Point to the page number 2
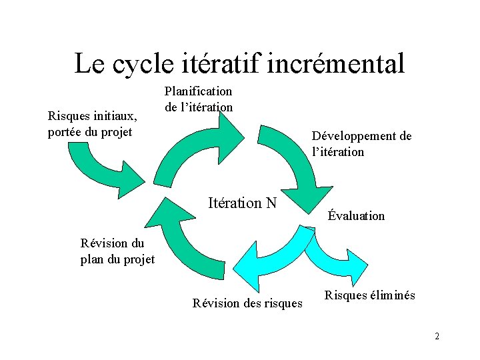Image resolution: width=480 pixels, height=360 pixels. tap(437, 336)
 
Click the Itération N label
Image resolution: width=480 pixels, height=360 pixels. tap(242, 203)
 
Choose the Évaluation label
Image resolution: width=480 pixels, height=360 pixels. tap(356, 215)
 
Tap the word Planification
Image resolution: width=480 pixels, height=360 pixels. tap(198, 91)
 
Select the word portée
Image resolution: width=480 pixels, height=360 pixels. tap(66, 132)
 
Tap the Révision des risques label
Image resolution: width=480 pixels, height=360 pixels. tap(247, 303)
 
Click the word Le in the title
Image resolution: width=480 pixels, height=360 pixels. tap(89, 64)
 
